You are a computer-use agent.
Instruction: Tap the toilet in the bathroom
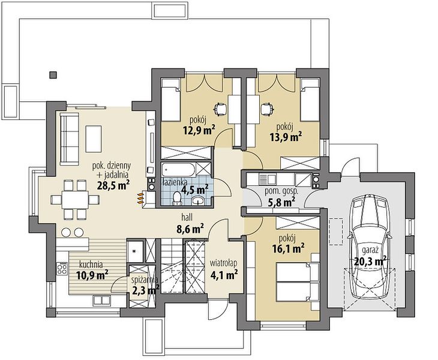176,198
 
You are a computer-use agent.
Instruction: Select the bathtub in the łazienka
179,170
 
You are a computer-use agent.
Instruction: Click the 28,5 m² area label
113,185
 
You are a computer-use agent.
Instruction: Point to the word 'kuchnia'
91,264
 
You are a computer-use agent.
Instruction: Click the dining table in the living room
75,199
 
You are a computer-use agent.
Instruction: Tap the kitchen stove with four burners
62,269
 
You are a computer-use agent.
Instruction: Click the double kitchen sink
101,300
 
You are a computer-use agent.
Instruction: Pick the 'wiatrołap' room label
223,263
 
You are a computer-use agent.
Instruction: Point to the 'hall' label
187,217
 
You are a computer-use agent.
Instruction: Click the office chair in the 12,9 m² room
220,109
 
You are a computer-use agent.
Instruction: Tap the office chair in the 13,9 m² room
267,109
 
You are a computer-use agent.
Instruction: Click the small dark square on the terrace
53,74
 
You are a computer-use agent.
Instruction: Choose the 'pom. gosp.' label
281,191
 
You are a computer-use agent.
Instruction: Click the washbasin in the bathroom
199,200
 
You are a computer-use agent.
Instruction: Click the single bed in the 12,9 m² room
170,100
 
